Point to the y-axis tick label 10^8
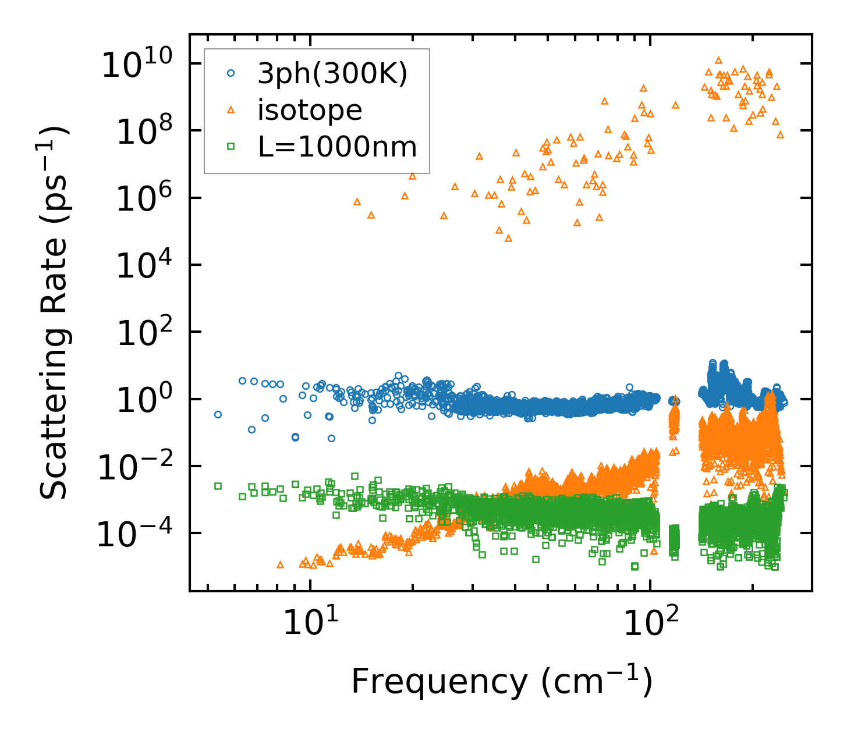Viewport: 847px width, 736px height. pos(143,132)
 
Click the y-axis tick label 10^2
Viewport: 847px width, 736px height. pos(143,333)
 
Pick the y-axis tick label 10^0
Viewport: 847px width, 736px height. pos(143,400)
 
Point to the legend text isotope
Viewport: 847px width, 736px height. pos(310,110)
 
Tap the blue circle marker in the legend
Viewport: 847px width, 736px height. pos(231,74)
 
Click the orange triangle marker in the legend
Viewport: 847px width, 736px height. pos(231,110)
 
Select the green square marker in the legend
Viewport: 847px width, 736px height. pos(231,147)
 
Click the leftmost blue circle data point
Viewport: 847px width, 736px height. pos(218,414)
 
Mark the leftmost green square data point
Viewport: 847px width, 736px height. pos(218,485)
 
